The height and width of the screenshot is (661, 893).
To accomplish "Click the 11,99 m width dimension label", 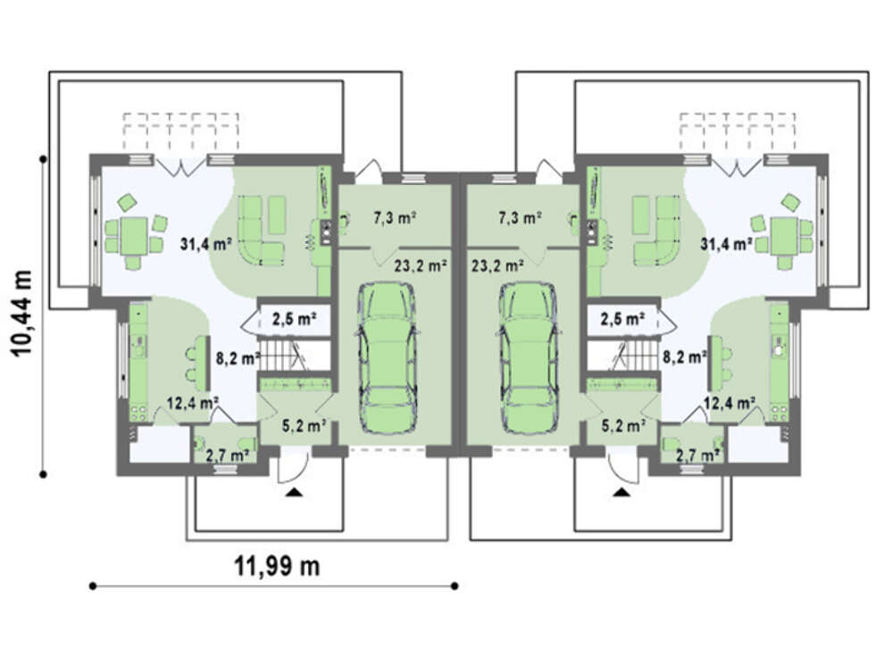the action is pyautogui.click(x=277, y=566).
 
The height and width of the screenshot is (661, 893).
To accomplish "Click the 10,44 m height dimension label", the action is pyautogui.click(x=21, y=314).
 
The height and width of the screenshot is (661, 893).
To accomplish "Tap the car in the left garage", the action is pyautogui.click(x=388, y=358).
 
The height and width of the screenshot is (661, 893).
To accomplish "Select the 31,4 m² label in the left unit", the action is pyautogui.click(x=205, y=245).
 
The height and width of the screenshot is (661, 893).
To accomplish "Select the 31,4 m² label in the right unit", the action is pyautogui.click(x=726, y=245).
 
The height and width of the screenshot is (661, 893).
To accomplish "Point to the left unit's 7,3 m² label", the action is pyautogui.click(x=395, y=218).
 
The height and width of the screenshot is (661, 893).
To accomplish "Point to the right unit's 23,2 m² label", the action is pyautogui.click(x=497, y=265).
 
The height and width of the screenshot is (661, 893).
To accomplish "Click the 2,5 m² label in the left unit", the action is pyautogui.click(x=294, y=319).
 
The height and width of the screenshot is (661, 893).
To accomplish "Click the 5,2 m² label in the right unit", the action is pyautogui.click(x=623, y=425).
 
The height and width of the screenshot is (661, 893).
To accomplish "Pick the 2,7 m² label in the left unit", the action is pyautogui.click(x=227, y=456).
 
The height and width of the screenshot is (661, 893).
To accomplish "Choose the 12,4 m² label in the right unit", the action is pyautogui.click(x=730, y=403).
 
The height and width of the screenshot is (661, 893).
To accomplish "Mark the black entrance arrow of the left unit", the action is pyautogui.click(x=294, y=492).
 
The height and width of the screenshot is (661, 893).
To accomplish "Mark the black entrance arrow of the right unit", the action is pyautogui.click(x=622, y=492).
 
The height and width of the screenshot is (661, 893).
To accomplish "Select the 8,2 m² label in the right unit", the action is pyautogui.click(x=685, y=357).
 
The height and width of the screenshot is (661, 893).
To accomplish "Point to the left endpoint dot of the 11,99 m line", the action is pyautogui.click(x=93, y=586).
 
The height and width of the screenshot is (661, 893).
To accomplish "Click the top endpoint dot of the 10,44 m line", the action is pyautogui.click(x=43, y=159).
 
